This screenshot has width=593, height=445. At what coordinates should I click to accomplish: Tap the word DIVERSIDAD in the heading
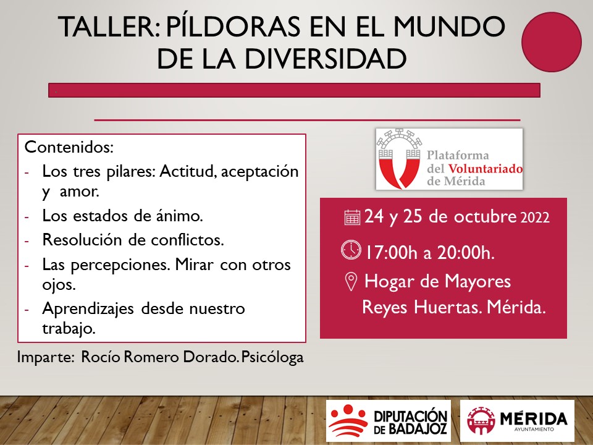(326, 59)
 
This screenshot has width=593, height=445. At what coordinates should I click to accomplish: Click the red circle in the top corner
(552, 42)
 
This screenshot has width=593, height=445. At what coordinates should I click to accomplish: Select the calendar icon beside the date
(352, 218)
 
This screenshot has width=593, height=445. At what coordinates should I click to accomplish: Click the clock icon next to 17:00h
(351, 250)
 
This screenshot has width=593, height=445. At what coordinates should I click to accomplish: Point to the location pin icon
(351, 282)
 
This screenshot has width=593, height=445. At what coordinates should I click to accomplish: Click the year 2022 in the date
(535, 218)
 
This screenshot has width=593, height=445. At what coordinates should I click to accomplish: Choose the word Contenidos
(69, 147)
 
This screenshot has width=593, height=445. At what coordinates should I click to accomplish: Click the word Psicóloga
(272, 358)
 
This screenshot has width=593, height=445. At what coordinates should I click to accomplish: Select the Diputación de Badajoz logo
(389, 421)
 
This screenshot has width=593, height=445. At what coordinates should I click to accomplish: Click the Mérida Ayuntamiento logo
(517, 421)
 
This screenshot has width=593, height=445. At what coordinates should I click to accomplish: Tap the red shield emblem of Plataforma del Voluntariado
(400, 159)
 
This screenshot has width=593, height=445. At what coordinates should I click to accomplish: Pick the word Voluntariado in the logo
(486, 168)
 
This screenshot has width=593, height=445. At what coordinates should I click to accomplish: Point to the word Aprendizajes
(88, 309)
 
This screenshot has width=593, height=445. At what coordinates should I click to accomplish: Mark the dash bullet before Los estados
(27, 217)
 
